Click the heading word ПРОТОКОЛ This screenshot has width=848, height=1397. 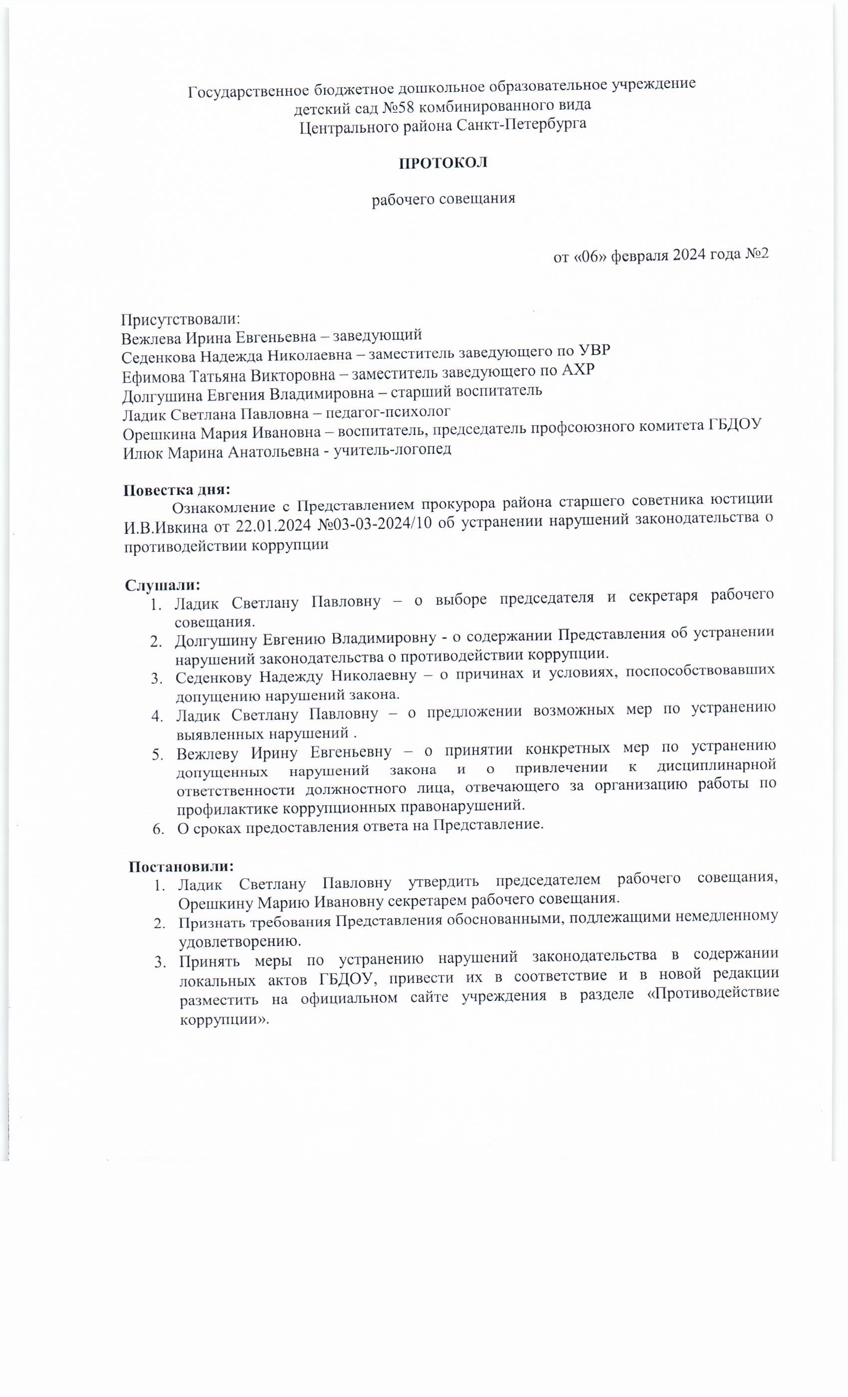(x=443, y=163)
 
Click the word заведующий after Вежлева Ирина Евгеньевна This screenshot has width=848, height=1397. (x=377, y=336)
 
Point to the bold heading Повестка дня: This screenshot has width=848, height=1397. (x=177, y=489)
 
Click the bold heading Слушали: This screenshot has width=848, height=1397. (x=163, y=583)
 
